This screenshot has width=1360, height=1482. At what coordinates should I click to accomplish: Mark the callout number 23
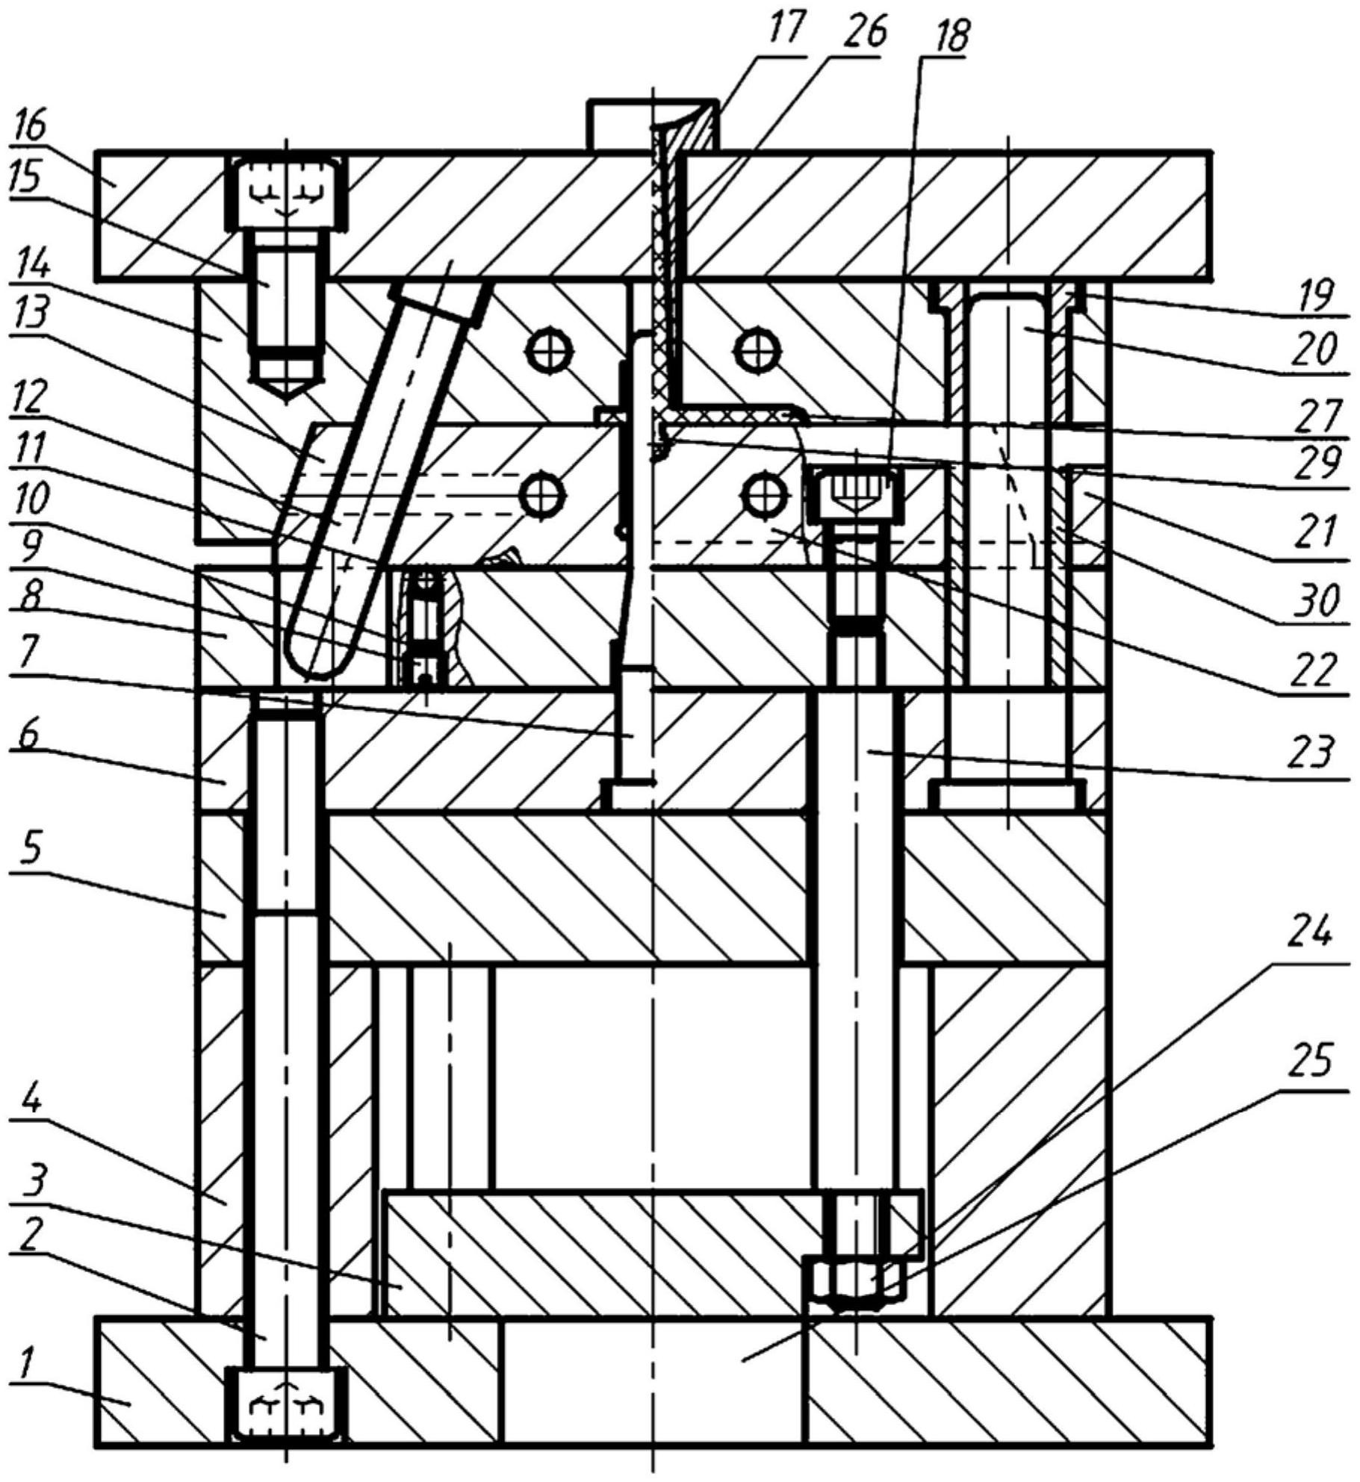(x=1312, y=755)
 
